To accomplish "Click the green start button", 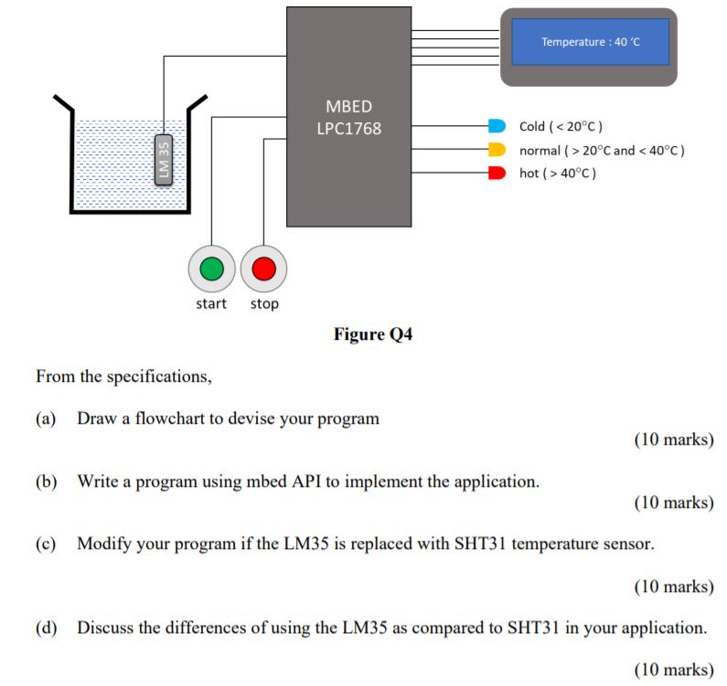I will (x=211, y=269).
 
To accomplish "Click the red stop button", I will (x=264, y=269).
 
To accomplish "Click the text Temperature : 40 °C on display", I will (x=590, y=42).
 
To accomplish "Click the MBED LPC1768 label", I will (x=348, y=118).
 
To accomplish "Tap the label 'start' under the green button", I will (x=211, y=304).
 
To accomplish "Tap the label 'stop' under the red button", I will (x=264, y=304).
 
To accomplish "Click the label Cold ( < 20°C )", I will (x=561, y=126).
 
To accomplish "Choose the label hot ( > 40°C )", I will (x=558, y=174).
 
